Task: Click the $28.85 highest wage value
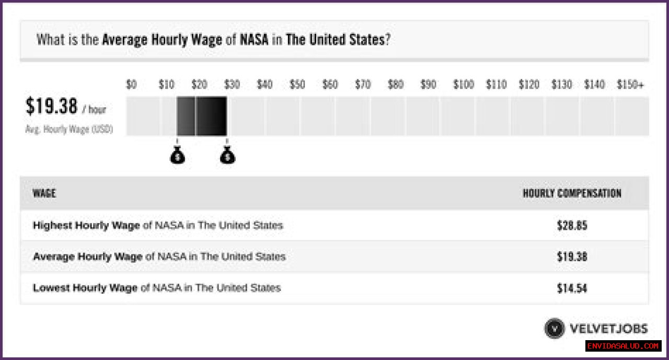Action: click(572, 226)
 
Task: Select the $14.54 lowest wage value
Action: click(572, 288)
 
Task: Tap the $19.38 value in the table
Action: click(572, 257)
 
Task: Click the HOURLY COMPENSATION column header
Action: click(572, 193)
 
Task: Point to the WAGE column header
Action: click(44, 193)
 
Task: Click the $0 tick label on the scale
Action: click(131, 85)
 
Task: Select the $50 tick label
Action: click(297, 85)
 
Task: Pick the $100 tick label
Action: click(463, 85)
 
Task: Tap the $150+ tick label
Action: click(630, 85)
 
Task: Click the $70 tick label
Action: click(363, 85)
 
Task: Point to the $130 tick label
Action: click(561, 85)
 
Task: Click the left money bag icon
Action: click(178, 155)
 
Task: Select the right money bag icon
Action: click(227, 155)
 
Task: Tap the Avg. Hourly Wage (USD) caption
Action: click(69, 129)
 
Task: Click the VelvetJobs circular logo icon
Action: click(554, 329)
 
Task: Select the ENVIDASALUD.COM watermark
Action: click(623, 346)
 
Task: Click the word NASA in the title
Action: click(254, 40)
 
